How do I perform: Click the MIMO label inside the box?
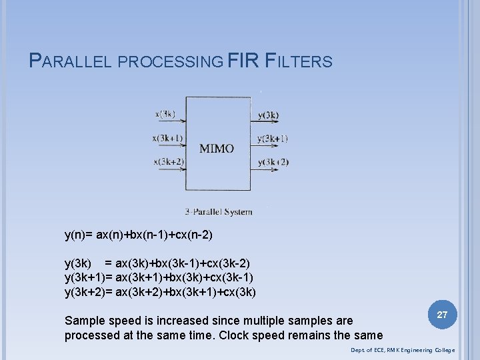(x=217, y=148)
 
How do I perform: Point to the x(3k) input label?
(x=165, y=114)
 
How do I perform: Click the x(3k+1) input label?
(x=167, y=138)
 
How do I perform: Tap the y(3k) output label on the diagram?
(x=268, y=115)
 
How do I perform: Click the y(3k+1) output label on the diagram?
(x=272, y=139)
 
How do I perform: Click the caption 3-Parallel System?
(x=219, y=212)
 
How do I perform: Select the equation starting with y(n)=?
(x=139, y=235)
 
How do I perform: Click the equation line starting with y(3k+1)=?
(x=159, y=277)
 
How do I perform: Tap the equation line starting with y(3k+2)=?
(x=160, y=292)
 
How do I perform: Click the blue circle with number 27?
(x=441, y=314)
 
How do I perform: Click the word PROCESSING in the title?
(x=170, y=62)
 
